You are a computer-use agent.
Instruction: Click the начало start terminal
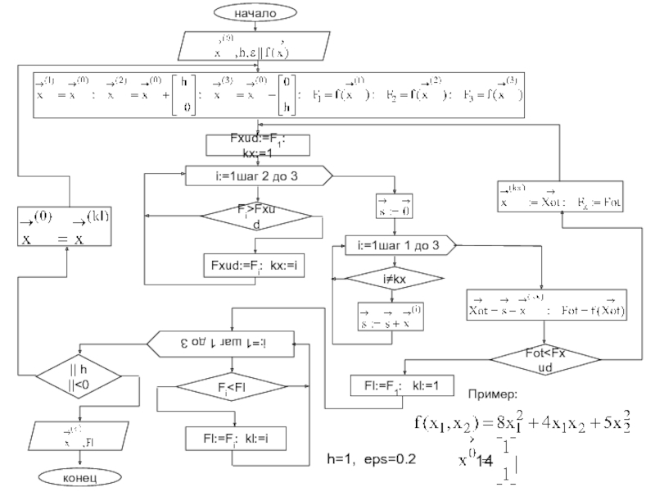click(x=255, y=13)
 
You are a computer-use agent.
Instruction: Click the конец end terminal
click(x=79, y=476)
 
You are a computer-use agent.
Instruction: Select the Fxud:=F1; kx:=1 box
click(x=255, y=145)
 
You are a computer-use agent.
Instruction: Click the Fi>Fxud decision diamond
click(x=256, y=217)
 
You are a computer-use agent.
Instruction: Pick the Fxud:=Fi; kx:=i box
click(x=252, y=266)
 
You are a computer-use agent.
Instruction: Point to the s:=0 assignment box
click(x=392, y=205)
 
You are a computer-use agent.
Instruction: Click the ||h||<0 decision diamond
click(x=79, y=377)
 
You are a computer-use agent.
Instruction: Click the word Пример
click(x=499, y=396)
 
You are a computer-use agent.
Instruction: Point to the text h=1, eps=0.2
click(x=372, y=458)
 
